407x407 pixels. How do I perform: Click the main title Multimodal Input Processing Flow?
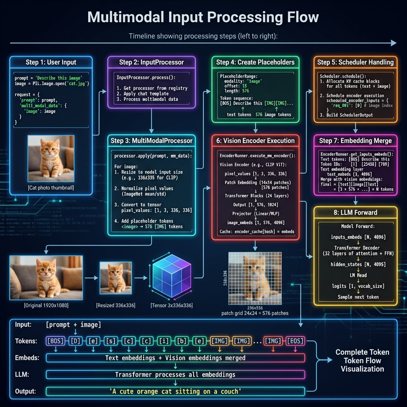point(203,17)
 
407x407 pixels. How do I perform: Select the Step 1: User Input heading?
point(51,62)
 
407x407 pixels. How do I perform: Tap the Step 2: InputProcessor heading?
point(151,62)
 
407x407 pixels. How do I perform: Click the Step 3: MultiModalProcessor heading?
point(151,140)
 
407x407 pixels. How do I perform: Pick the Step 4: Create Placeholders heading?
point(255,62)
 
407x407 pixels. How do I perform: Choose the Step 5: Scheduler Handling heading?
point(355,62)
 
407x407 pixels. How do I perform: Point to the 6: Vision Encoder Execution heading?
point(255,140)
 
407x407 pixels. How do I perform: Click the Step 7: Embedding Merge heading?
point(355,140)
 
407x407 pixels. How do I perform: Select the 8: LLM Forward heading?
point(355,212)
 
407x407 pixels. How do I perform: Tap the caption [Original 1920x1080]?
point(46,305)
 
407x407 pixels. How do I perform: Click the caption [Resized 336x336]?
point(115,305)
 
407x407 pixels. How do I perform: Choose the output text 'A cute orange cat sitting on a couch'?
point(175,391)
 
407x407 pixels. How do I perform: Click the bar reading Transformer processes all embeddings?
point(175,374)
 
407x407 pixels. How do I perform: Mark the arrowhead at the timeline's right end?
point(393,43)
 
